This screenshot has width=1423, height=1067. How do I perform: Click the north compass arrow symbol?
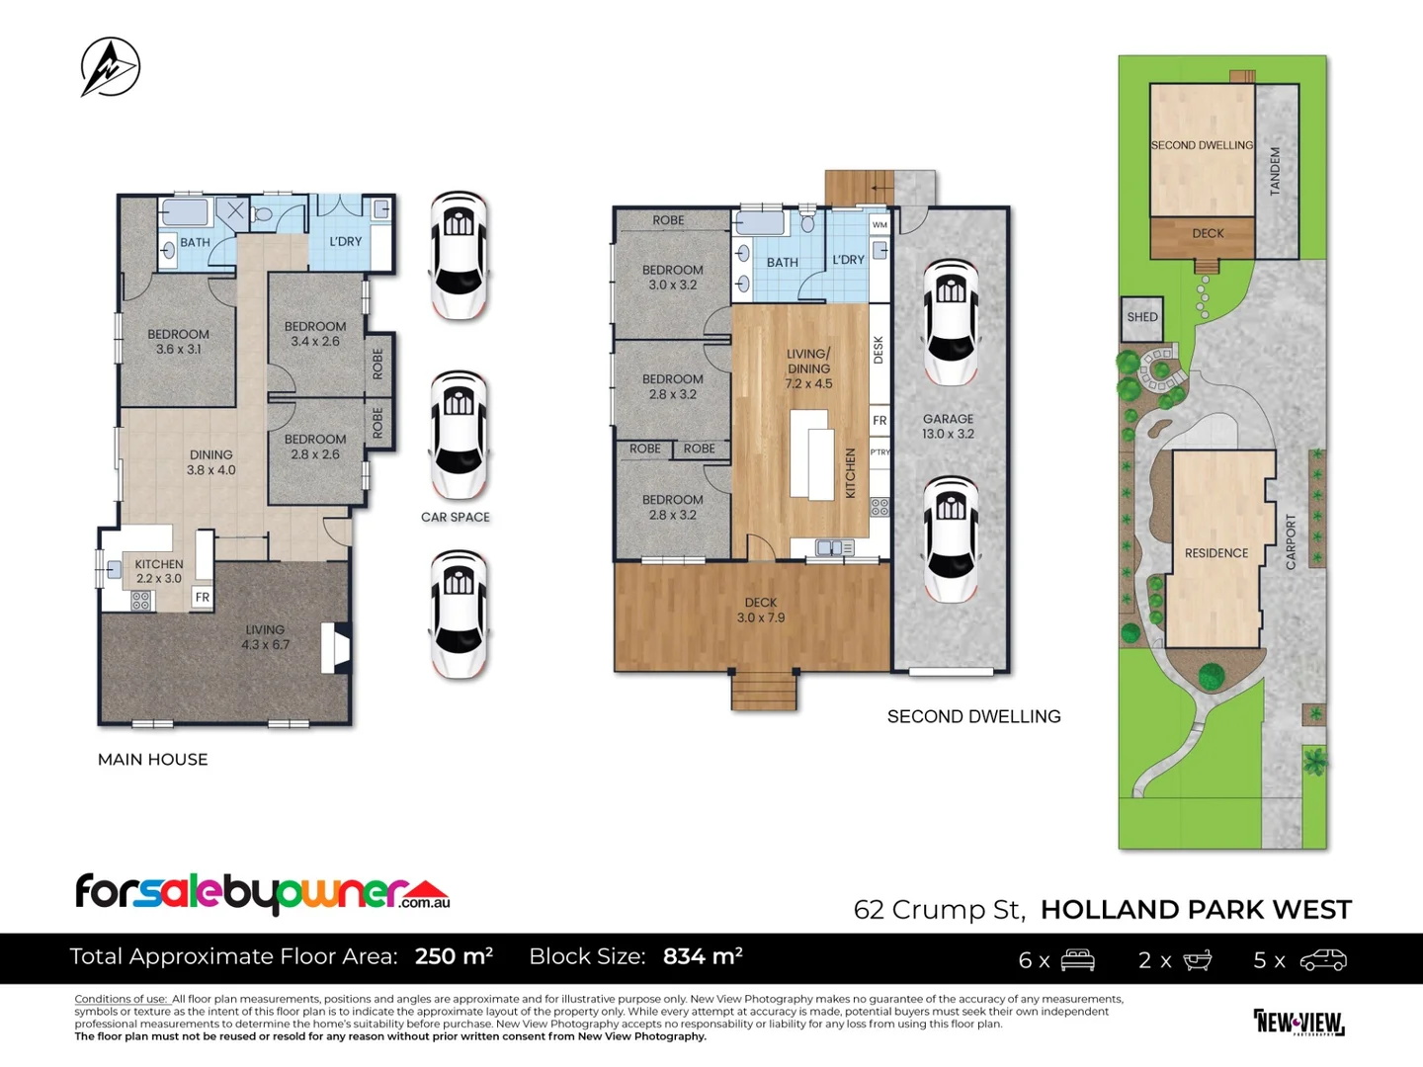tap(111, 67)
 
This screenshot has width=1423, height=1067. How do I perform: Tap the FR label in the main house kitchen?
tap(203, 597)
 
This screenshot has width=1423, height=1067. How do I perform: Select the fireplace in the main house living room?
tap(336, 648)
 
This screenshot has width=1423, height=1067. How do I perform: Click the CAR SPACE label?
tap(456, 517)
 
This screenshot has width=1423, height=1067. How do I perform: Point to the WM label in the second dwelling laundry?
tap(879, 225)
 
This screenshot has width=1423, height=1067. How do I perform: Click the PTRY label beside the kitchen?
tap(879, 451)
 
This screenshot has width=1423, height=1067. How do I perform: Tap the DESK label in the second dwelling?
tap(879, 350)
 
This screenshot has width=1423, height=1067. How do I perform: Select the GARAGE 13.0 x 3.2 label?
tap(948, 426)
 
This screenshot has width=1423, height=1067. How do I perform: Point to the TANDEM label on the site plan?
tap(1275, 171)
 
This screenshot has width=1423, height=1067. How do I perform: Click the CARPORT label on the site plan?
tap(1291, 541)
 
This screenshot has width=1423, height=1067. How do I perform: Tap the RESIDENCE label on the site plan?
tap(1216, 552)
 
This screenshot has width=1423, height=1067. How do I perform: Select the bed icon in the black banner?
tap(1077, 959)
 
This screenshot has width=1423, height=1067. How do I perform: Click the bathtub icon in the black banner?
tap(1197, 960)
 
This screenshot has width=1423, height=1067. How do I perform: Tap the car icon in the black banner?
tap(1322, 960)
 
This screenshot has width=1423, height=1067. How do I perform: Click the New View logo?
tap(1298, 1023)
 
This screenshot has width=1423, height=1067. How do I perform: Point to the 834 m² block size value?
tap(703, 956)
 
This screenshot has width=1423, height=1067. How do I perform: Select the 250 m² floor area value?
tap(454, 956)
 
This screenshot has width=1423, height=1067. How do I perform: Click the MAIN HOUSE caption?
tap(153, 760)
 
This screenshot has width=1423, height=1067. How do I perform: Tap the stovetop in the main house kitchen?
tap(140, 602)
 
